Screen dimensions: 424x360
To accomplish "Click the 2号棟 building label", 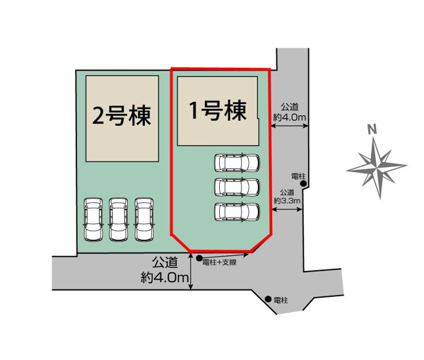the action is tap(122, 115).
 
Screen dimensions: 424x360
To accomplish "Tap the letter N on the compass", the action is tap(371, 129).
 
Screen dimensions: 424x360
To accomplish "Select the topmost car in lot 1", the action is tap(237, 163).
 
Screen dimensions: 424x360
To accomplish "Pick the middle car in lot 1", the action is tap(237, 187).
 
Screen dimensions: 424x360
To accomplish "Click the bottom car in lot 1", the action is tap(237, 211).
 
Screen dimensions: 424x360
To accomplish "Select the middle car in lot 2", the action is tap(119, 220).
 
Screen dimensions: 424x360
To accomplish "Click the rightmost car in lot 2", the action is tap(144, 220).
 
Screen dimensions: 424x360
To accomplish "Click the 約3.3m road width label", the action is tap(288, 201).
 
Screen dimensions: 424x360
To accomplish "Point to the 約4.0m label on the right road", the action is tap(290, 117).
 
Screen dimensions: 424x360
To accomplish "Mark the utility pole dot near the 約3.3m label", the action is tap(303, 185).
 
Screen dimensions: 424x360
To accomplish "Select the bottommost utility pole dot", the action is tap(268, 299).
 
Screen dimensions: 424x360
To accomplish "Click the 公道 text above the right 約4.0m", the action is tap(290, 106).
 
